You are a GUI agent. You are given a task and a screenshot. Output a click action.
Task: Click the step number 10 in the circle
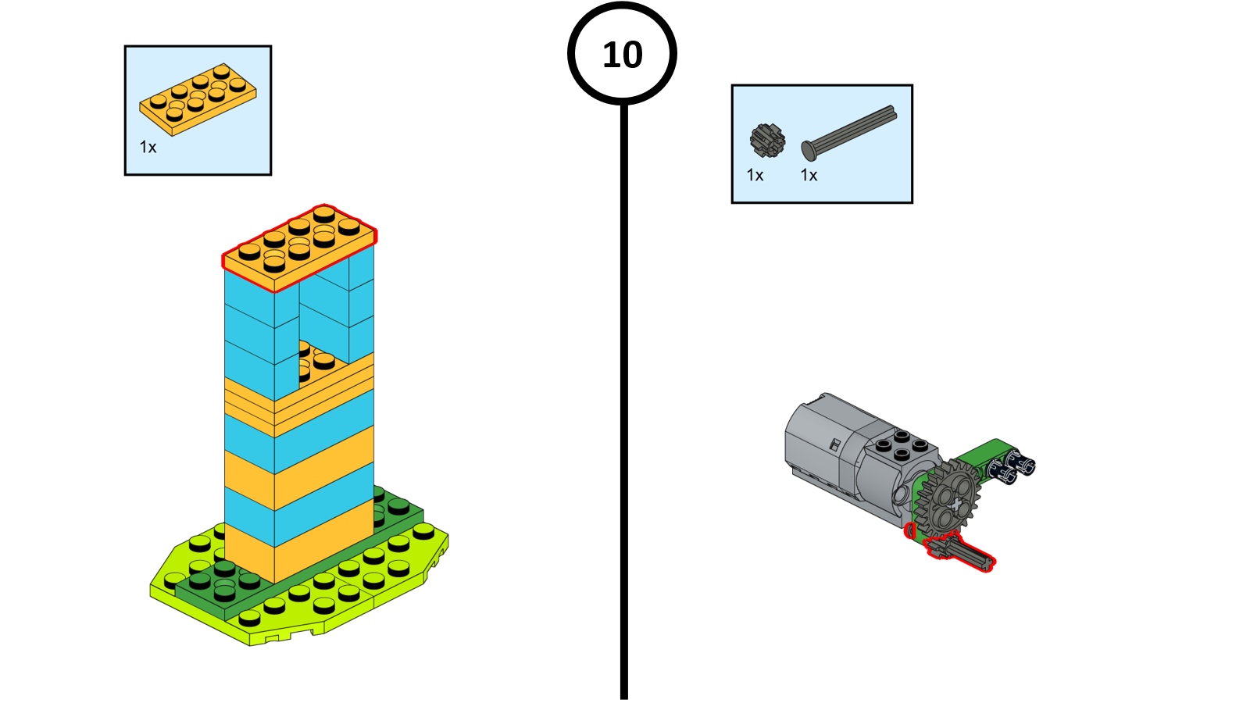(x=622, y=55)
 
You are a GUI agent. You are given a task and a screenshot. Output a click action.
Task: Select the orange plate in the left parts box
(x=198, y=99)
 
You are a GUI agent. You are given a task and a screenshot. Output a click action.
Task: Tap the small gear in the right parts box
(x=767, y=140)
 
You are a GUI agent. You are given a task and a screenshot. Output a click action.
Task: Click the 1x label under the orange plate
(x=148, y=148)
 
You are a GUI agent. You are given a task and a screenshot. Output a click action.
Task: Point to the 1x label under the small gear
(x=755, y=175)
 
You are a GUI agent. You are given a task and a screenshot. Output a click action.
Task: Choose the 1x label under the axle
(x=809, y=175)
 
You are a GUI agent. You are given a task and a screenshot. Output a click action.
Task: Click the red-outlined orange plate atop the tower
(x=300, y=248)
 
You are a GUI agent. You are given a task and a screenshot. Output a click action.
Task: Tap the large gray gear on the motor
(x=947, y=497)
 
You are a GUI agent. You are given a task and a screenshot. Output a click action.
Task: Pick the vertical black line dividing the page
(x=624, y=401)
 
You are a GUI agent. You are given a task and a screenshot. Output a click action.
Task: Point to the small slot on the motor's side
(x=834, y=445)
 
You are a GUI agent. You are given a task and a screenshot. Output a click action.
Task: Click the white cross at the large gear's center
(x=956, y=505)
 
